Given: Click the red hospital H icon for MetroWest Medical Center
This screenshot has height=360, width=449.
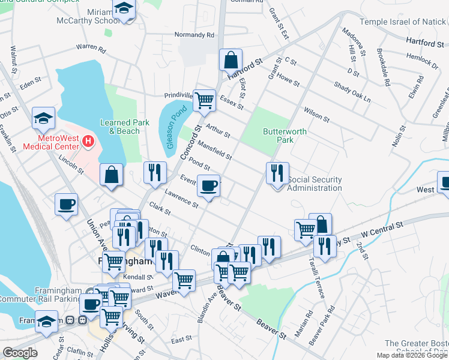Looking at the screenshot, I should [x=88, y=141].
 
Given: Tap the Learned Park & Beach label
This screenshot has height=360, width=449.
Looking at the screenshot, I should [x=124, y=127].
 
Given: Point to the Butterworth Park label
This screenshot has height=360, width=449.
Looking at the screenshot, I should [x=285, y=136].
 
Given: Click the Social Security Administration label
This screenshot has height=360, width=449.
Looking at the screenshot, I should [x=315, y=184].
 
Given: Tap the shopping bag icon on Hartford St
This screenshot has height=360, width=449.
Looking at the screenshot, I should [x=231, y=60].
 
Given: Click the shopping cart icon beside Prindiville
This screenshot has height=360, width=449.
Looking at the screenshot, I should [x=205, y=100].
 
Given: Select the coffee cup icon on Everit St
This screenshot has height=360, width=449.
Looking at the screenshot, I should [x=209, y=187].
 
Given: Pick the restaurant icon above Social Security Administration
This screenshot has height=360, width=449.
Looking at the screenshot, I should [x=277, y=173].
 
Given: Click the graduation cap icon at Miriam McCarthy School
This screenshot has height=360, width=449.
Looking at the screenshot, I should [x=124, y=9].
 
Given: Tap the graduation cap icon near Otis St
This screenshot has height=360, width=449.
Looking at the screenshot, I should [x=44, y=118].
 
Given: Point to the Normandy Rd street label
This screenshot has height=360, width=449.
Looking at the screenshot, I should [x=194, y=35].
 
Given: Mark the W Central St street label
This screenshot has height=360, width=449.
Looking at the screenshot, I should [x=381, y=229].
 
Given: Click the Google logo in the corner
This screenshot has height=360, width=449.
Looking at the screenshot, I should [x=20, y=353].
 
